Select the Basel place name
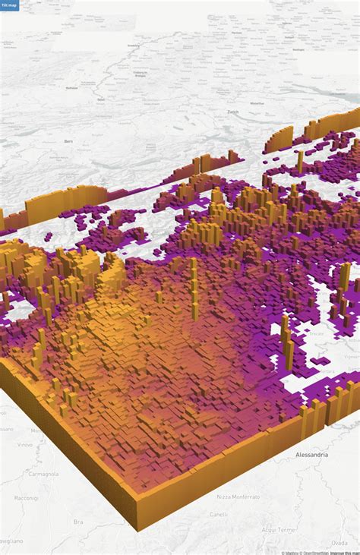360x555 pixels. tap(101, 99)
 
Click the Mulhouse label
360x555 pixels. tap(72, 87)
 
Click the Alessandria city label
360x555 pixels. tap(311, 454)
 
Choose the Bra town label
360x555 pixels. tap(78, 522)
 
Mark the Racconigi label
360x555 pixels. tap(26, 498)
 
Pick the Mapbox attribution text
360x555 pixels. tap(291, 552)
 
